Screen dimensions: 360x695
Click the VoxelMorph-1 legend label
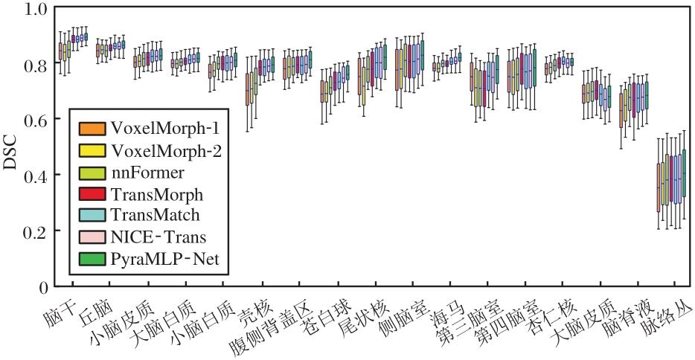coord(170,128)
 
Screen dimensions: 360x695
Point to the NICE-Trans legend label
coord(158,237)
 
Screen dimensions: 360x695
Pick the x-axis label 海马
coord(444,306)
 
